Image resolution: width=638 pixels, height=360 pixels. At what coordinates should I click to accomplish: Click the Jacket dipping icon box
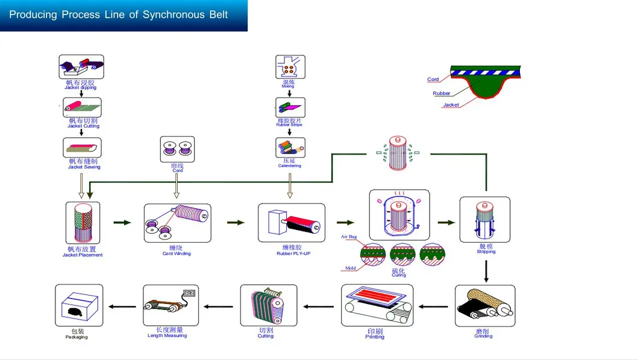coord(81,67)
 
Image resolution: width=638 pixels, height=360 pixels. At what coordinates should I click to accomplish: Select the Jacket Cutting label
coord(83,126)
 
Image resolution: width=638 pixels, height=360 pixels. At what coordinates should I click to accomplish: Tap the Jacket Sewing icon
coord(82,147)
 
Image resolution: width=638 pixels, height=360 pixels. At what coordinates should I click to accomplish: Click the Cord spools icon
coord(177,149)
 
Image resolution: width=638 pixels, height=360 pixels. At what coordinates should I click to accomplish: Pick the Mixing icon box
coord(290,67)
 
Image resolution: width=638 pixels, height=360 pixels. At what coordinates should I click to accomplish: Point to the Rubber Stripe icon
coord(290,108)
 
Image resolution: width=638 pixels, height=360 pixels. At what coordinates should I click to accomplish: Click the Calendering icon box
coord(290,147)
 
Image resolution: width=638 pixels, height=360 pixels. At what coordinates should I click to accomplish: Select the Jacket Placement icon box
coord(83,223)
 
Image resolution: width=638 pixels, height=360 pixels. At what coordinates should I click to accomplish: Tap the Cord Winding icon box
coord(177,223)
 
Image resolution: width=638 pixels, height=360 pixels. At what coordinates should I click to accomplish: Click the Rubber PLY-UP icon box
coord(291,223)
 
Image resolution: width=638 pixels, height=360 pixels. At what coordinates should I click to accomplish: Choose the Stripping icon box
coord(484,220)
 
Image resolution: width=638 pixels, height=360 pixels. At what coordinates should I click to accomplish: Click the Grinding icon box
coord(484,306)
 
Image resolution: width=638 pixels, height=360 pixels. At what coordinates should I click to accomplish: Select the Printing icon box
coord(377,306)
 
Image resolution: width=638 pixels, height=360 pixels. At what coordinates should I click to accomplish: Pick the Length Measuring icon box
coord(170,306)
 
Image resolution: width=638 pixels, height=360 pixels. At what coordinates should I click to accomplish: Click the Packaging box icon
coord(79,306)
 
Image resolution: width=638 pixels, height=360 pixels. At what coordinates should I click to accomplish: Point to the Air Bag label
coord(348,237)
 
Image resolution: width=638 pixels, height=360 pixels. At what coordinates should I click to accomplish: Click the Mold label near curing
coord(350,268)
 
